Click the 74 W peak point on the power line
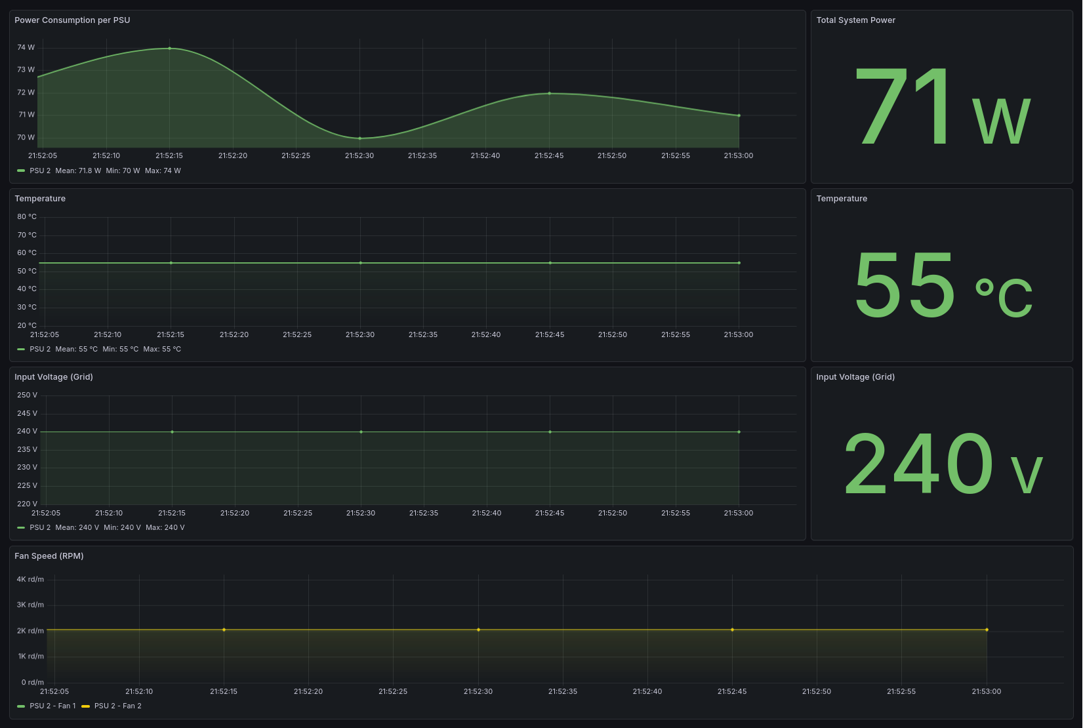(x=170, y=48)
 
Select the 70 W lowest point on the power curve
(x=359, y=138)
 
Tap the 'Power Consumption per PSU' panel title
(x=72, y=20)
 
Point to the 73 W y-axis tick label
(x=26, y=70)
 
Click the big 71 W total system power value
(x=942, y=108)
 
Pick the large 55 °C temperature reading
(x=942, y=285)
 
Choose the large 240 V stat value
(x=942, y=464)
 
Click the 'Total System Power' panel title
(x=855, y=20)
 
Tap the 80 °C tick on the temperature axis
(x=27, y=216)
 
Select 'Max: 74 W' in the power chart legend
(x=163, y=171)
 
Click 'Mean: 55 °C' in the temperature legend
(x=76, y=349)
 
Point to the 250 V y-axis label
(x=27, y=395)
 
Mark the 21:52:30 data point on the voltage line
(x=361, y=432)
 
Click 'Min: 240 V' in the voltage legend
(x=122, y=527)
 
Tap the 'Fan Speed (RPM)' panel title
(x=49, y=556)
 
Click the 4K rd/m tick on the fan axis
(x=30, y=579)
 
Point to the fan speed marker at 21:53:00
(x=987, y=630)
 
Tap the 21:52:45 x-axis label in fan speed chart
(x=732, y=691)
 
